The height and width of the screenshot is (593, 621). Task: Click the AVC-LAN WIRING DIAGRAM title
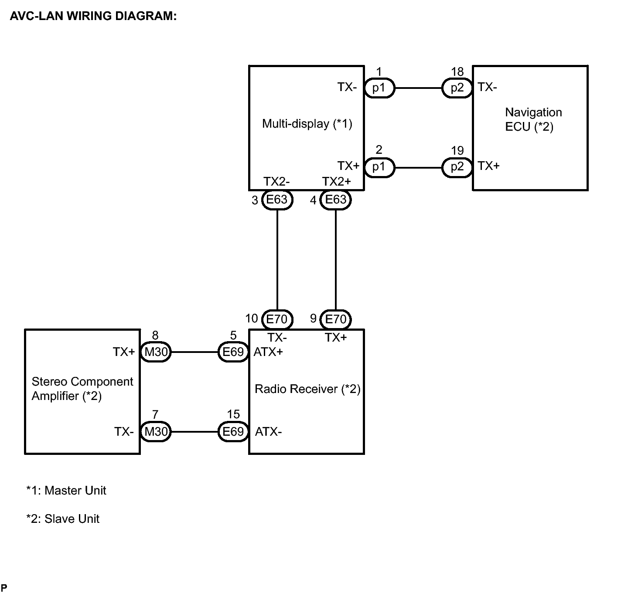click(x=93, y=16)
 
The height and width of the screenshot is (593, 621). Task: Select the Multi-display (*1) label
click(x=307, y=124)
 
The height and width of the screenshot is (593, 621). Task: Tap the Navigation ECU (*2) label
click(x=533, y=119)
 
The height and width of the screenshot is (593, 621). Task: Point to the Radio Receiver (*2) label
click(x=307, y=389)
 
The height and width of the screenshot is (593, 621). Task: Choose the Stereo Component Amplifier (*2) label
click(x=82, y=389)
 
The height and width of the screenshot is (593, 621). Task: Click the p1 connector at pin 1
click(x=379, y=88)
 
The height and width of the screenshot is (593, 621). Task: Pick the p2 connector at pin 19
click(x=457, y=167)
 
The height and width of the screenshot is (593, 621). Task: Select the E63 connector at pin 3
click(x=277, y=200)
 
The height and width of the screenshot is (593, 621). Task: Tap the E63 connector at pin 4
click(x=335, y=200)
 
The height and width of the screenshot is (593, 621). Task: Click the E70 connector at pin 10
click(x=277, y=319)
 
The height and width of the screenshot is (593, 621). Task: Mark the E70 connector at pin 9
click(x=335, y=319)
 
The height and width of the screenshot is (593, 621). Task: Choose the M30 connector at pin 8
click(x=156, y=352)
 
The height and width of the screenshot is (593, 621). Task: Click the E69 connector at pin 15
click(x=233, y=431)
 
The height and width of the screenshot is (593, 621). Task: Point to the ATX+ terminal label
click(x=268, y=352)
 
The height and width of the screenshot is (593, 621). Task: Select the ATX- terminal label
click(x=268, y=431)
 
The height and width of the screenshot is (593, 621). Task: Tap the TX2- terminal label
click(x=276, y=181)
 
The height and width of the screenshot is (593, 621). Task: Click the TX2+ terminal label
click(x=336, y=181)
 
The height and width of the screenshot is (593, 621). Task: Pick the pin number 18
click(x=457, y=72)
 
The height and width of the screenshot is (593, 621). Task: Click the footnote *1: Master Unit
click(x=66, y=491)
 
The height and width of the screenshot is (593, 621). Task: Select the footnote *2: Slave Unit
click(x=63, y=519)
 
